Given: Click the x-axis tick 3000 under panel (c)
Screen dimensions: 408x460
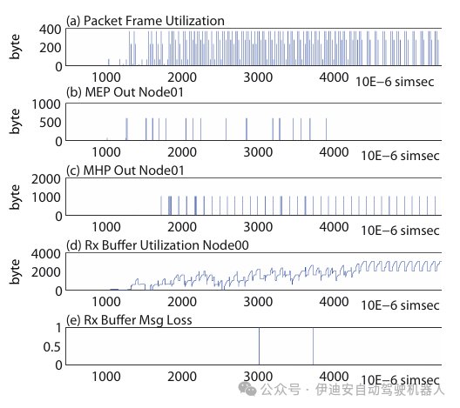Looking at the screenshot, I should pos(257,228).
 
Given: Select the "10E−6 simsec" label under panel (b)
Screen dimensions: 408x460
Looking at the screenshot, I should pos(398,155).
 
